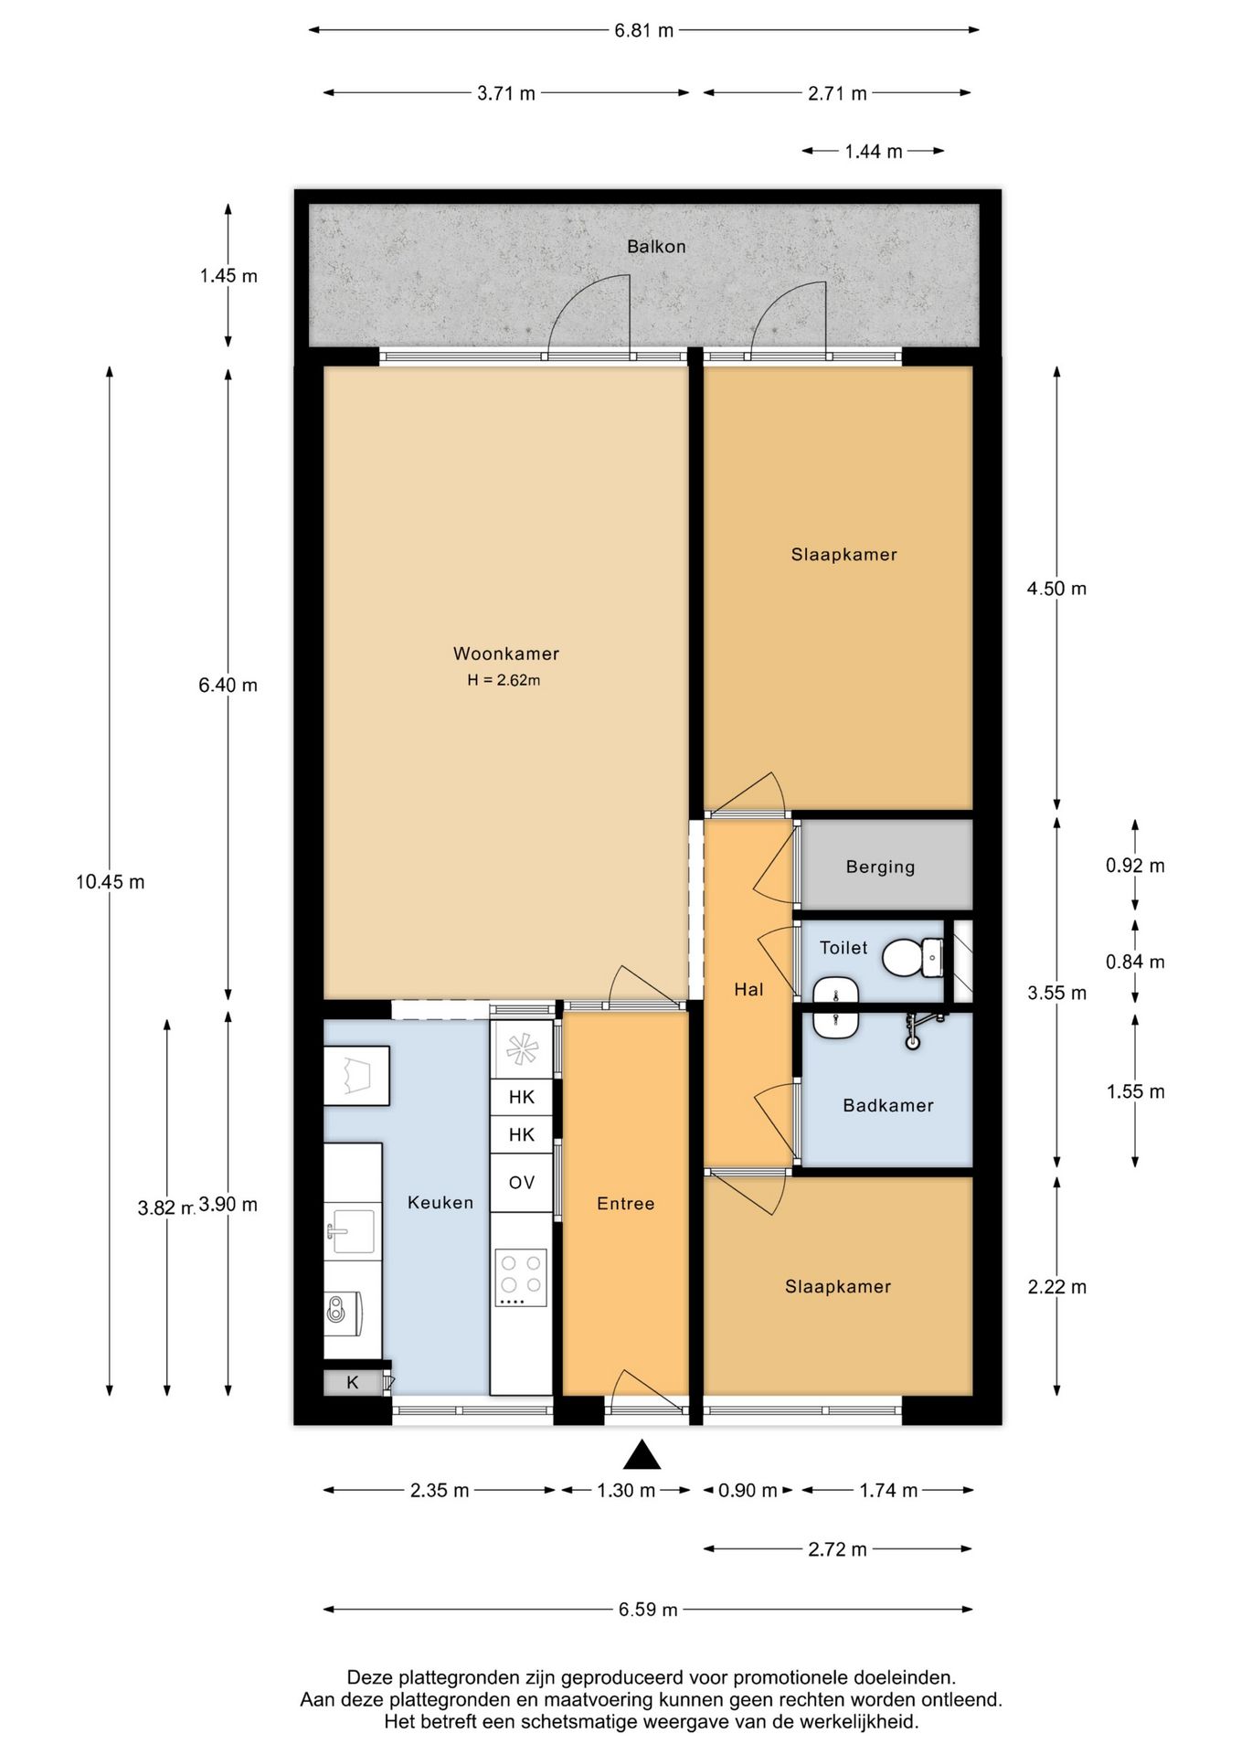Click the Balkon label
[656, 247]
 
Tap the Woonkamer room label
[506, 654]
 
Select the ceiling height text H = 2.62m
[504, 680]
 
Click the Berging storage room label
[880, 867]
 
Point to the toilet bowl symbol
[912, 957]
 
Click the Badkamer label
[888, 1105]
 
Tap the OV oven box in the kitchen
[522, 1183]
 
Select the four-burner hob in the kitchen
[522, 1277]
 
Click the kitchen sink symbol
[352, 1231]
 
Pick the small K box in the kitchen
[353, 1383]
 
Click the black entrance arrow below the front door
[642, 1454]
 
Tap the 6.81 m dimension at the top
[643, 30]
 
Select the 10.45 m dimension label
[110, 882]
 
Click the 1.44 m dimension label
[873, 152]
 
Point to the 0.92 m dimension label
[1135, 866]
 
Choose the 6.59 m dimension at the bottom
[648, 1610]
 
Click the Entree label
[626, 1204]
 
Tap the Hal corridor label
[748, 989]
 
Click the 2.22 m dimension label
[1057, 1287]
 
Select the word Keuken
[440, 1203]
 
